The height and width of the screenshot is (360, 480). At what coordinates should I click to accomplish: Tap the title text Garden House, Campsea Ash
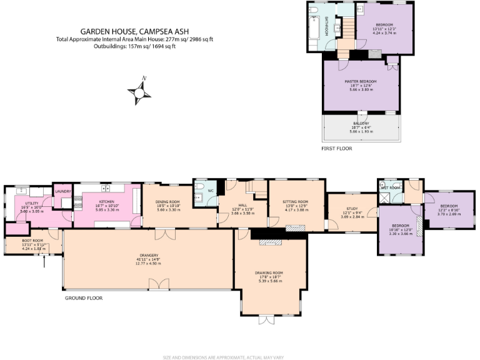(134, 31)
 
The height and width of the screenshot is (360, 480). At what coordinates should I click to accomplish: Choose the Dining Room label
(168, 202)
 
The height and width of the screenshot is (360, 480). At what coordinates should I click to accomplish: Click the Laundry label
(62, 191)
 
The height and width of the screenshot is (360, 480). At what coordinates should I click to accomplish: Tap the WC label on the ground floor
(210, 190)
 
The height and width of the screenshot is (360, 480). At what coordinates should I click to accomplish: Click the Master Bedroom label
(361, 81)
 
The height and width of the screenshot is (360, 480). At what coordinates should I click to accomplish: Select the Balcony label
(361, 124)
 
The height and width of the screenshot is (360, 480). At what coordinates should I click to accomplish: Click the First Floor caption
(336, 149)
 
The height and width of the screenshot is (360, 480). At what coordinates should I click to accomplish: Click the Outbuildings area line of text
(134, 46)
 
